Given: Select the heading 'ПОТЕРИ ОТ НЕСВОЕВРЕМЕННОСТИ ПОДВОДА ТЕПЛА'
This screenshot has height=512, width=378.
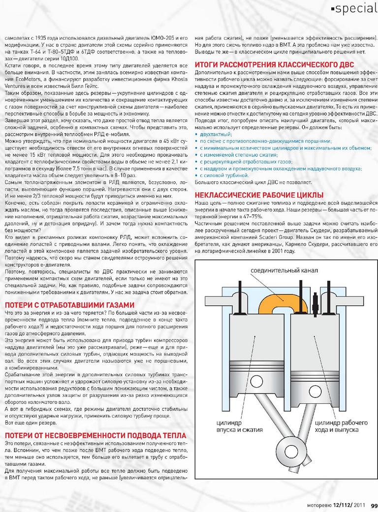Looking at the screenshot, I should tap(95, 435).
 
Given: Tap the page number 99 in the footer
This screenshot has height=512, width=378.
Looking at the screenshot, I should tap(374, 505).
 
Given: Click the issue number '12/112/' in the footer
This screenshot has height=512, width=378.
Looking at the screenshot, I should tap(344, 505).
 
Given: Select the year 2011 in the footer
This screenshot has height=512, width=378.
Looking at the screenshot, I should tap(361, 505).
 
